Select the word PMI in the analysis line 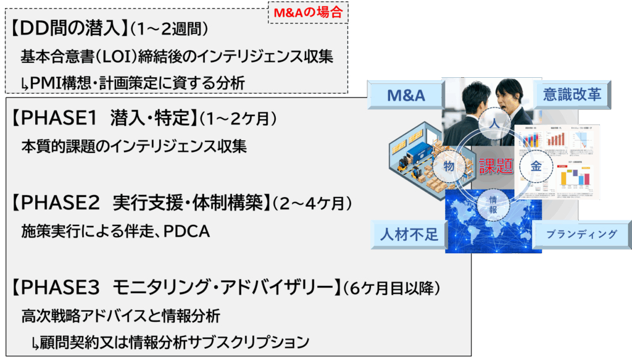pyautogui.click(x=44, y=82)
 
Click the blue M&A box pyautogui.click(x=406, y=96)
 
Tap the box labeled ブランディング pyautogui.click(x=582, y=235)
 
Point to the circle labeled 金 pyautogui.click(x=536, y=165)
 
